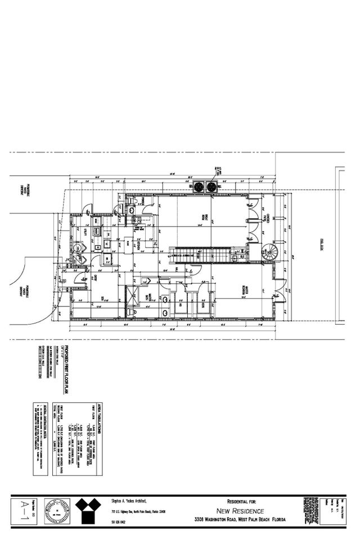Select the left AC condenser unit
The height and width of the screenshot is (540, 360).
[x=199, y=187]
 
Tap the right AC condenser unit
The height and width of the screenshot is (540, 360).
[x=211, y=187]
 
